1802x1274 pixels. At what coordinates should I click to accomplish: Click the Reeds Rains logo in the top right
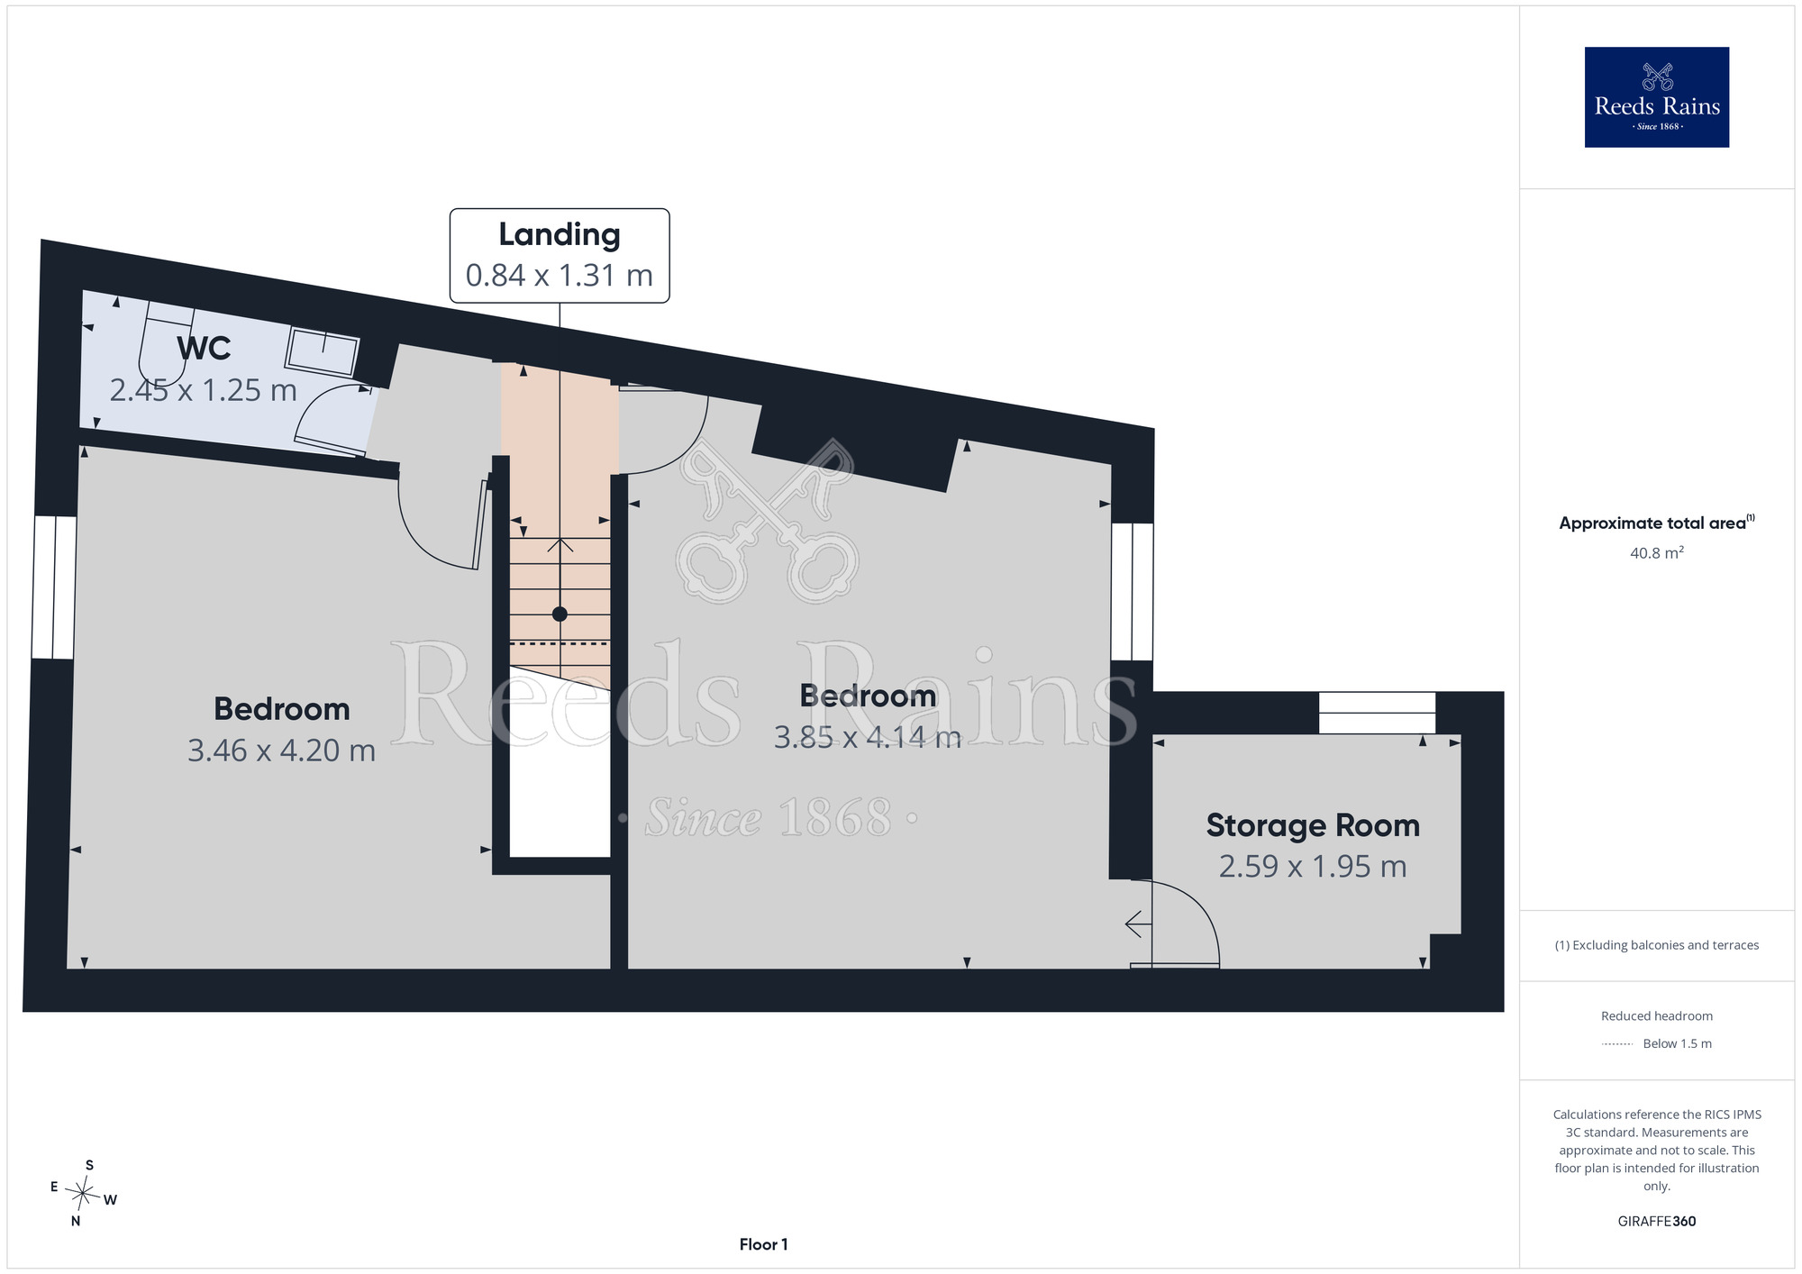(x=1656, y=97)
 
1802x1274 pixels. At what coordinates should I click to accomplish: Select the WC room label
(x=204, y=348)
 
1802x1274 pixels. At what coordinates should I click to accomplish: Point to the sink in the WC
(x=322, y=351)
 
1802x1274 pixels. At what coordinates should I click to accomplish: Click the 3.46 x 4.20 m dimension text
(x=281, y=751)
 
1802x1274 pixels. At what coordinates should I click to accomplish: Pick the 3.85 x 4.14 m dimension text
(x=868, y=737)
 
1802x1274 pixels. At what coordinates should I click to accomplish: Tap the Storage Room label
(x=1313, y=825)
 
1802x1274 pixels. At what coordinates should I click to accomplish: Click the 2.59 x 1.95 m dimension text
(x=1313, y=866)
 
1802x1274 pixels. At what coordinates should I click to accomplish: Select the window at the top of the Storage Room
(x=1377, y=713)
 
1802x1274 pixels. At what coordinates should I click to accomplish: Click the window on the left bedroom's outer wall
(x=54, y=587)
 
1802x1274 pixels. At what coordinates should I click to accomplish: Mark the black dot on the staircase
(x=560, y=614)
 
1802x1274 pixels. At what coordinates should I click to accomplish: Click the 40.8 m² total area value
(x=1656, y=552)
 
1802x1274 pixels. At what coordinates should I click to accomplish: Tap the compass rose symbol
(x=83, y=1195)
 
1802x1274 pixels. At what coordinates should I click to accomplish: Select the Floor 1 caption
(x=763, y=1244)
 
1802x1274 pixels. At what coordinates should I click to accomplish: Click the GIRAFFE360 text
(x=1656, y=1221)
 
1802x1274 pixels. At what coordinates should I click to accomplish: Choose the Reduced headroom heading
(x=1656, y=1015)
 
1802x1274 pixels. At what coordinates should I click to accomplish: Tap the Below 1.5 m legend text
(x=1677, y=1043)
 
